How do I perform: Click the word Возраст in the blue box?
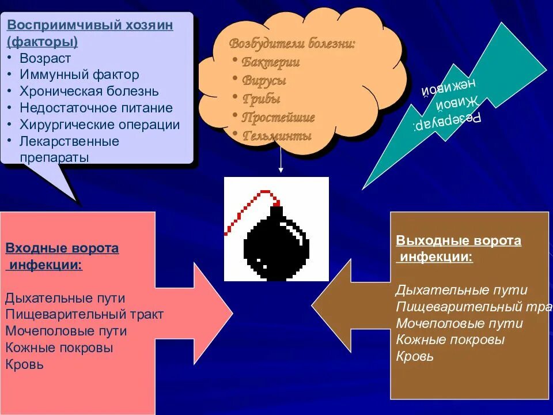(x=45, y=58)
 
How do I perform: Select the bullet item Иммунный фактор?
(x=79, y=74)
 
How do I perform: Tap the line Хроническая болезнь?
(x=89, y=91)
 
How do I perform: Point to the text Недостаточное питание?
(x=96, y=108)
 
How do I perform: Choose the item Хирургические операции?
(x=100, y=124)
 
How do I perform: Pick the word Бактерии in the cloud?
(x=270, y=62)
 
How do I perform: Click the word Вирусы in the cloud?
(x=263, y=81)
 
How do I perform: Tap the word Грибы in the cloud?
(x=261, y=99)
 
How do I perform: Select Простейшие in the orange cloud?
(x=278, y=118)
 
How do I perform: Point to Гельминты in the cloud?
(x=276, y=136)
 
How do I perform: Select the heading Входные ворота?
(x=62, y=248)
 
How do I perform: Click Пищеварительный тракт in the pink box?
(x=84, y=315)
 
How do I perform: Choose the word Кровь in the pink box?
(x=24, y=364)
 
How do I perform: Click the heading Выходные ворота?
(x=459, y=241)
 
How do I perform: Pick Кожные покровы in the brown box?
(x=450, y=340)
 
